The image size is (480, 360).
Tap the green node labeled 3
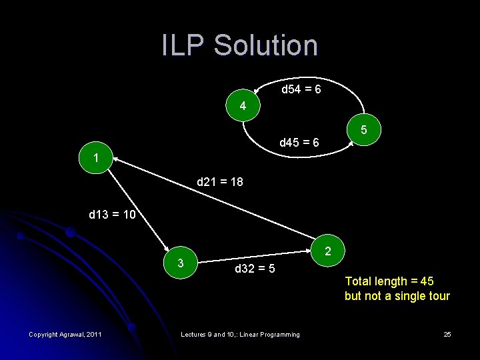tap(181, 262)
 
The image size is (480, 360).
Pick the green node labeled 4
tap(243, 106)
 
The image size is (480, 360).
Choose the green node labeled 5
tap(365, 129)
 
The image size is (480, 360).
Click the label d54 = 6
tap(301, 89)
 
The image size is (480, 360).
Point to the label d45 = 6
tap(299, 143)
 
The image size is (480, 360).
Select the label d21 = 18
tap(220, 181)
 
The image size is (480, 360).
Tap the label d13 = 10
tap(112, 215)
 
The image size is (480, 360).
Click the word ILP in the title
tap(183, 45)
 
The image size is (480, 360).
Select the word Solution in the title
tap(266, 45)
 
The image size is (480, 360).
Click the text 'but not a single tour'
tap(397, 296)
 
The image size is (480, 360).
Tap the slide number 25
tap(447, 334)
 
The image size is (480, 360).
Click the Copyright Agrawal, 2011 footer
tap(65, 334)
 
